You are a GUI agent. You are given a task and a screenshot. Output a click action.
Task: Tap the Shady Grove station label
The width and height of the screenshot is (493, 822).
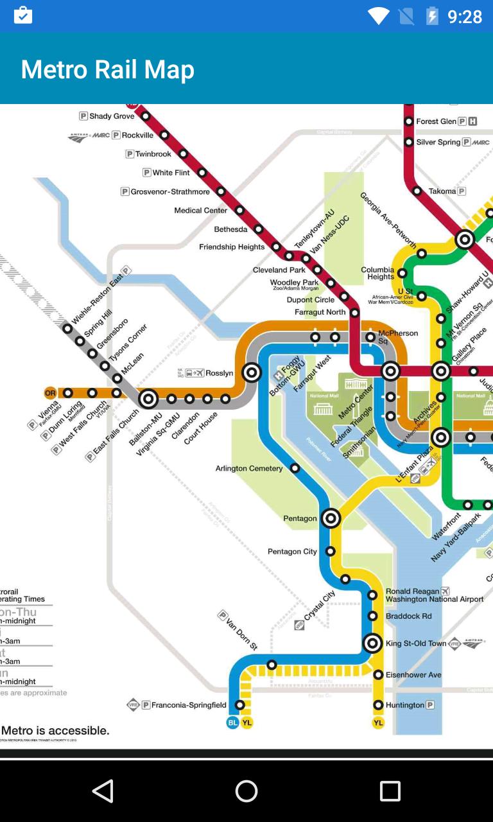coord(112,116)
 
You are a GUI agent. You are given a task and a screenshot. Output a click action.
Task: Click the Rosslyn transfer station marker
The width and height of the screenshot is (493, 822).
coord(252,372)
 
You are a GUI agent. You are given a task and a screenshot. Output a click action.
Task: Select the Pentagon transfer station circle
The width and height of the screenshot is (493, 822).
coord(331,518)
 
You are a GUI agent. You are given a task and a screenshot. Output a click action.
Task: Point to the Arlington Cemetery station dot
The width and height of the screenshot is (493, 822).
coord(295,468)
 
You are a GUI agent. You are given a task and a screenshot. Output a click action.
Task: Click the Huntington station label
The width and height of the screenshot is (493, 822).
coord(404,705)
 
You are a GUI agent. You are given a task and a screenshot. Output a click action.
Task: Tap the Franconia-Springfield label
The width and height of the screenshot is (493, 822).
coord(188,705)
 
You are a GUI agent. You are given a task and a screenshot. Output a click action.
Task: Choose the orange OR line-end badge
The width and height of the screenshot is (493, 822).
coord(50,393)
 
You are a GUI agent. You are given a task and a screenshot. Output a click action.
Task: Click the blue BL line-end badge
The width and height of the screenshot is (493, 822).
coord(232,722)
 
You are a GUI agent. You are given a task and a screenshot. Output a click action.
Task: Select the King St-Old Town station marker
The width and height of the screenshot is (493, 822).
coord(373,643)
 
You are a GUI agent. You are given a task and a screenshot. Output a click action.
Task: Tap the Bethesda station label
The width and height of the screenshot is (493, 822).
coord(230,229)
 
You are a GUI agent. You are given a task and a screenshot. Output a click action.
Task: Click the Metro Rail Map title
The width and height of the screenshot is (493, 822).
coord(107,69)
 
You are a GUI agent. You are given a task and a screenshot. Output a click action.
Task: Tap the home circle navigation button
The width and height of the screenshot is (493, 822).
coord(246,791)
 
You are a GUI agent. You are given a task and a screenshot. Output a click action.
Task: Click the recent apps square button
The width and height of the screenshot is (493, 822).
coord(390,791)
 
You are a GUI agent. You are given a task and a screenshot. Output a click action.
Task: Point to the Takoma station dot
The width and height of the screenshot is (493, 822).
coord(417,191)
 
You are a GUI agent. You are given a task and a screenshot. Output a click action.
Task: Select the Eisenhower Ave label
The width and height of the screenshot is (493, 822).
coord(413,675)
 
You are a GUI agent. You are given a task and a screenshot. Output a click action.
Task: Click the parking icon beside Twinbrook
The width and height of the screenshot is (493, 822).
coord(130,154)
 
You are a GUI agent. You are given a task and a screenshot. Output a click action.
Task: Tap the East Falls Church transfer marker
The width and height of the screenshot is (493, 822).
coord(148,399)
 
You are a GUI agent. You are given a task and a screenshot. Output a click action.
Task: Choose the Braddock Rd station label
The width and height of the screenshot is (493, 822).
coord(408,616)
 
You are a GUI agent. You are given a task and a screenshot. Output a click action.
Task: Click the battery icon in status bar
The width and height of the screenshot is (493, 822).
coord(433,16)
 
